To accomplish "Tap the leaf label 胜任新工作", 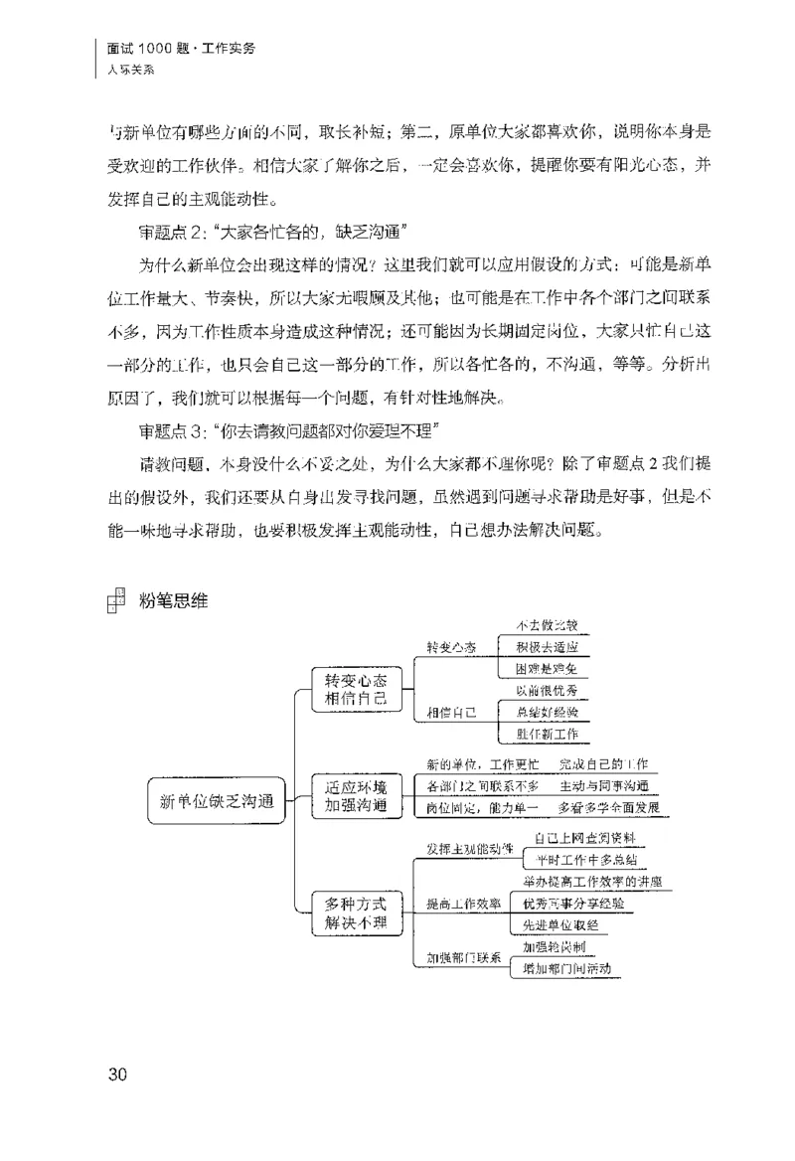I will tap(546, 736).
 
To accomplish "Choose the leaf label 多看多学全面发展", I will tap(608, 806).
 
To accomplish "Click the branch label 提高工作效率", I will tap(463, 903).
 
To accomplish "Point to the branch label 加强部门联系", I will tap(463, 958).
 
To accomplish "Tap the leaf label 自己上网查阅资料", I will tap(584, 838).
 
